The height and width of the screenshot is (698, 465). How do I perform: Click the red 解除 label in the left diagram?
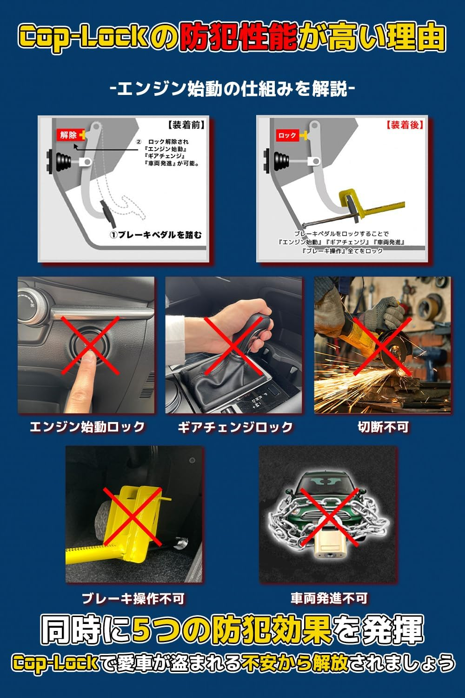coord(68,135)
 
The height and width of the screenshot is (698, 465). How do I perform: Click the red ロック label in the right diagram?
coord(287,135)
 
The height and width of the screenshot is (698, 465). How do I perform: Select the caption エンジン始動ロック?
coord(87,427)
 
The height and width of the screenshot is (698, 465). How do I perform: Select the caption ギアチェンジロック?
coord(235,427)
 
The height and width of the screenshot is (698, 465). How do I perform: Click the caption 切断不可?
coord(383,427)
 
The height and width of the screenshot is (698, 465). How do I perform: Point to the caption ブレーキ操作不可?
coord(133,598)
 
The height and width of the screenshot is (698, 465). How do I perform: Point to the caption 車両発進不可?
coord(329,598)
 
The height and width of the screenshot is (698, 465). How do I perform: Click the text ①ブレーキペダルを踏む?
coord(156,235)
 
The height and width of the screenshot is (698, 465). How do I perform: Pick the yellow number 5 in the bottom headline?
coord(143,630)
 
